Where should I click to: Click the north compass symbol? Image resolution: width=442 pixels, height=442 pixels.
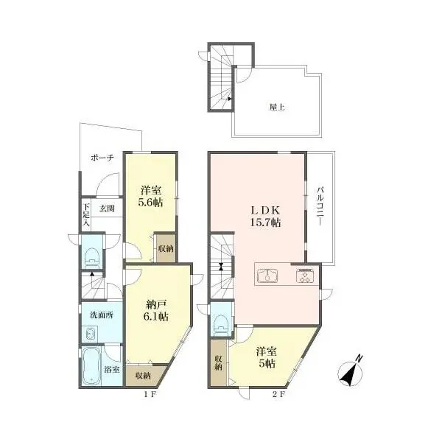(351, 371)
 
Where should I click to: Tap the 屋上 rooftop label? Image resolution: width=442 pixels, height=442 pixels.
(277, 107)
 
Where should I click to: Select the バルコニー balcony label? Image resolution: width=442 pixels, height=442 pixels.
(320, 206)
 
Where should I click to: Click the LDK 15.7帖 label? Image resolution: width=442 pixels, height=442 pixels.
(265, 217)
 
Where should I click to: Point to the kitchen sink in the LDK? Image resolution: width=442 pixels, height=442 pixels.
(267, 276)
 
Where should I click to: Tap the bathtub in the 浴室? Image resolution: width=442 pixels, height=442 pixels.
(92, 365)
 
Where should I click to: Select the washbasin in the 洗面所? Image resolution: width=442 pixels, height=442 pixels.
(90, 334)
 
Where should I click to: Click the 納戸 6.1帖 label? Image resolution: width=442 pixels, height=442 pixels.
(158, 310)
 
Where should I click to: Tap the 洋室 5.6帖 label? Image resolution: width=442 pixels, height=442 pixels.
(151, 197)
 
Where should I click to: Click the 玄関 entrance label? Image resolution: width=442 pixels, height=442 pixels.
(108, 208)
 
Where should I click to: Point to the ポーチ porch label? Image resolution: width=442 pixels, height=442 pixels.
(102, 158)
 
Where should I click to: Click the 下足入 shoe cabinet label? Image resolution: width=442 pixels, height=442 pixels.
(86, 215)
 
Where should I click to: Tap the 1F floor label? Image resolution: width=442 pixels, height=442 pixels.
(150, 395)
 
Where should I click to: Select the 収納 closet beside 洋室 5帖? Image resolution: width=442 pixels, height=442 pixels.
(219, 362)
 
